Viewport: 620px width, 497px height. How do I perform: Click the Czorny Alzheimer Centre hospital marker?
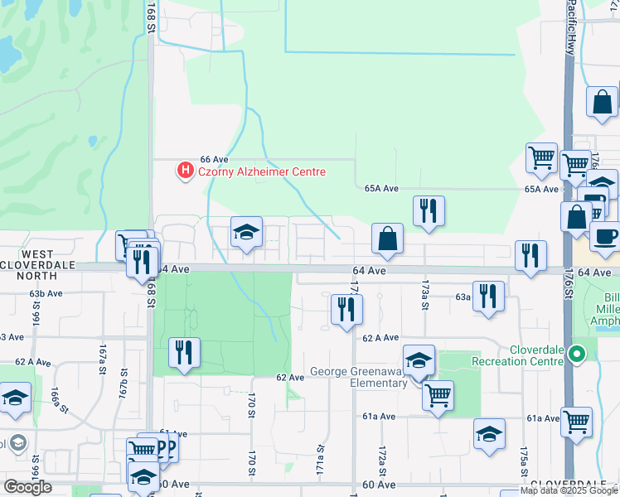click(186, 171)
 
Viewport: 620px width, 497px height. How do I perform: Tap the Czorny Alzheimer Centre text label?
click(260, 171)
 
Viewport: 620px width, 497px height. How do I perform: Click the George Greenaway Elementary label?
click(356, 378)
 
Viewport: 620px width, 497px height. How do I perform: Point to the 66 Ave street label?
click(214, 159)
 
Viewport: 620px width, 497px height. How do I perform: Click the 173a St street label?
click(424, 294)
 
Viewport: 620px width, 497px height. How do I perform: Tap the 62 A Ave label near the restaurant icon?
click(380, 338)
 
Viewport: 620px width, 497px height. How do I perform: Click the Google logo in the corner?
click(27, 487)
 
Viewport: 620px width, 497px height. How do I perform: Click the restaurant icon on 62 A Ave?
click(346, 310)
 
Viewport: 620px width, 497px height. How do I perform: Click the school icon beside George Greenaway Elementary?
click(419, 360)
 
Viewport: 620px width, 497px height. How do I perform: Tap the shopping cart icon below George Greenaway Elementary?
click(437, 394)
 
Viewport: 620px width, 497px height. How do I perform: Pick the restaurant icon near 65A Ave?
click(429, 211)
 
